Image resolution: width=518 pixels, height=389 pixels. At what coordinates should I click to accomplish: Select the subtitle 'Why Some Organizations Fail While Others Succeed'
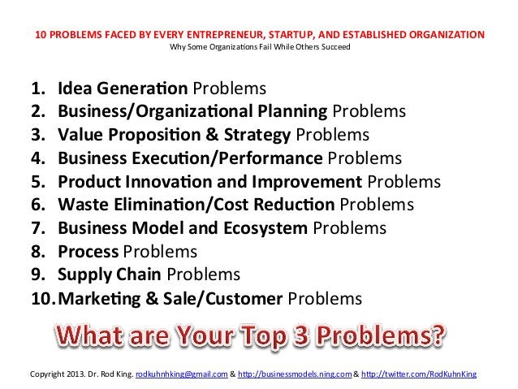point(258,46)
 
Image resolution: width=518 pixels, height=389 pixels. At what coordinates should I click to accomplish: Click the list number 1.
point(37,88)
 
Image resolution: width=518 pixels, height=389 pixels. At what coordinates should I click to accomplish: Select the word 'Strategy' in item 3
point(256,134)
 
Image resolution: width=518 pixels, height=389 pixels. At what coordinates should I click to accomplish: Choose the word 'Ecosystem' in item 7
point(261,228)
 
